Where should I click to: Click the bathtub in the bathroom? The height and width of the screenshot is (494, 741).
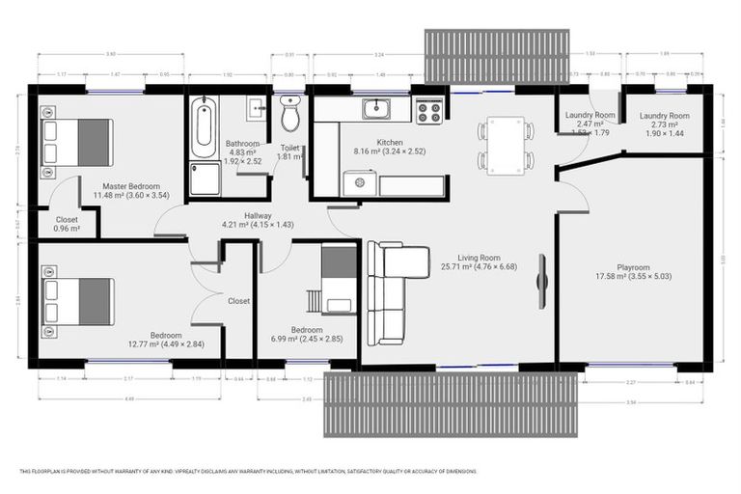pos(203,128)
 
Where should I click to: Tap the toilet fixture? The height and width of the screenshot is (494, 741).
pos(289,116)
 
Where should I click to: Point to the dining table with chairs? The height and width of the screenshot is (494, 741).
pos(505,144)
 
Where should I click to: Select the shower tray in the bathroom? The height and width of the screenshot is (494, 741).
pos(205,178)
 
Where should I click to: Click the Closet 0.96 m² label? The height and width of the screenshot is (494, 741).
pos(67,224)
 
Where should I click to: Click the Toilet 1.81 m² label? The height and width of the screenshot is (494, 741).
pos(290,152)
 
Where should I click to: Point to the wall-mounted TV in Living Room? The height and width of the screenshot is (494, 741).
pos(542,282)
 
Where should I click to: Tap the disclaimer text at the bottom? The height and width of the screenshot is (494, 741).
pos(248,472)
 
